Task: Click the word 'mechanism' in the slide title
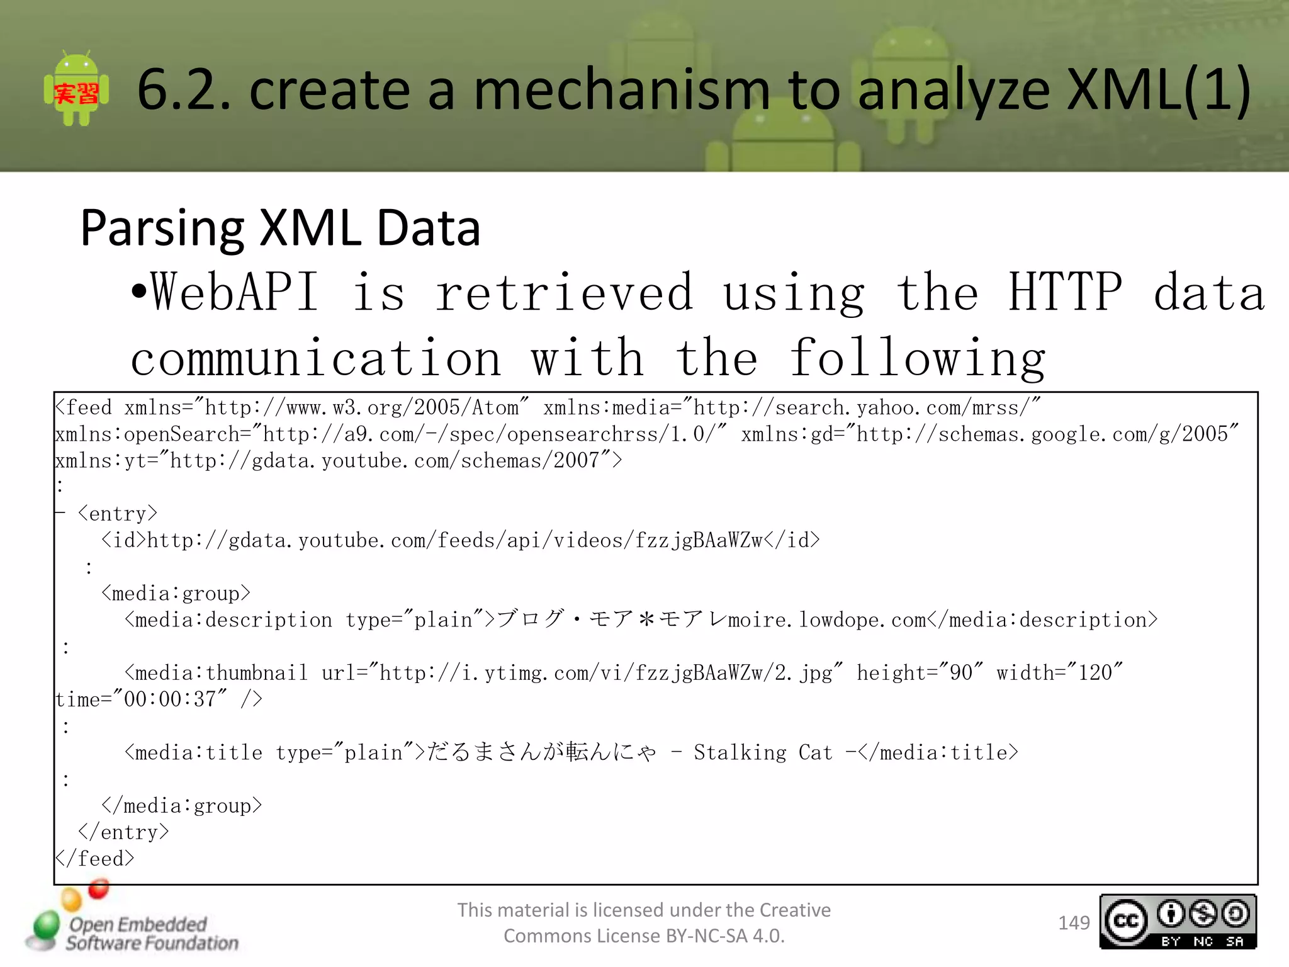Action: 621,90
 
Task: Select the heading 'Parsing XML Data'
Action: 280,228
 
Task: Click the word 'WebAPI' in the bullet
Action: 234,293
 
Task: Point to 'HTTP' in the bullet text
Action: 1064,293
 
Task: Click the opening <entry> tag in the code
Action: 118,514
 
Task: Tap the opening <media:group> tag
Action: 176,594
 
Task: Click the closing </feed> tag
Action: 94,859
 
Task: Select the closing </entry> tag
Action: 123,832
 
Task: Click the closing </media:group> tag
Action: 181,806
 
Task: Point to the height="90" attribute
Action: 920,673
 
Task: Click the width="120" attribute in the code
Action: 1059,673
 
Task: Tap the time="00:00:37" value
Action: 142,699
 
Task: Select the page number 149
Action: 1074,923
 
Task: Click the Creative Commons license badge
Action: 1178,922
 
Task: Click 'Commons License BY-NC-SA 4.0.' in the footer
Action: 644,936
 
